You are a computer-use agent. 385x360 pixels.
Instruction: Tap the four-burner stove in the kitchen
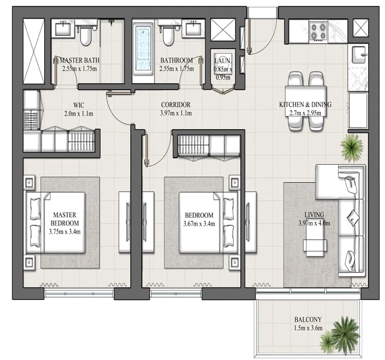[x=318, y=31]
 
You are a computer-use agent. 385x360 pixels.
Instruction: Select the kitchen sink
[x=358, y=55]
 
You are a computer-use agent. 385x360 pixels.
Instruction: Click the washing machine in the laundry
[x=222, y=64]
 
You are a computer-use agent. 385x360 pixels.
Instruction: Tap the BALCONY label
[x=308, y=320]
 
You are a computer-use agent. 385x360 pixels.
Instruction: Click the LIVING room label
[x=314, y=214]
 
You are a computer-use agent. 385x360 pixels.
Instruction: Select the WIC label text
[x=79, y=105]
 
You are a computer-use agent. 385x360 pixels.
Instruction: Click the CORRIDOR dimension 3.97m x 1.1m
[x=176, y=113]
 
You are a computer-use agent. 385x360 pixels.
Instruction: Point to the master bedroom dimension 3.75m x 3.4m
[x=64, y=232]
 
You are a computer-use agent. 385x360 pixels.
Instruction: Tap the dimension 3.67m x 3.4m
[x=199, y=224]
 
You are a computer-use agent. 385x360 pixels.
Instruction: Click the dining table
[x=306, y=101]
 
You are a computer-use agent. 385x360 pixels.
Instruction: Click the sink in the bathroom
[x=193, y=29]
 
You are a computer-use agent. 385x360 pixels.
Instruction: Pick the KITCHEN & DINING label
[x=305, y=105]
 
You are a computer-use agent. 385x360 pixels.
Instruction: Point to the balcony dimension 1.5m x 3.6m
[x=308, y=328]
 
